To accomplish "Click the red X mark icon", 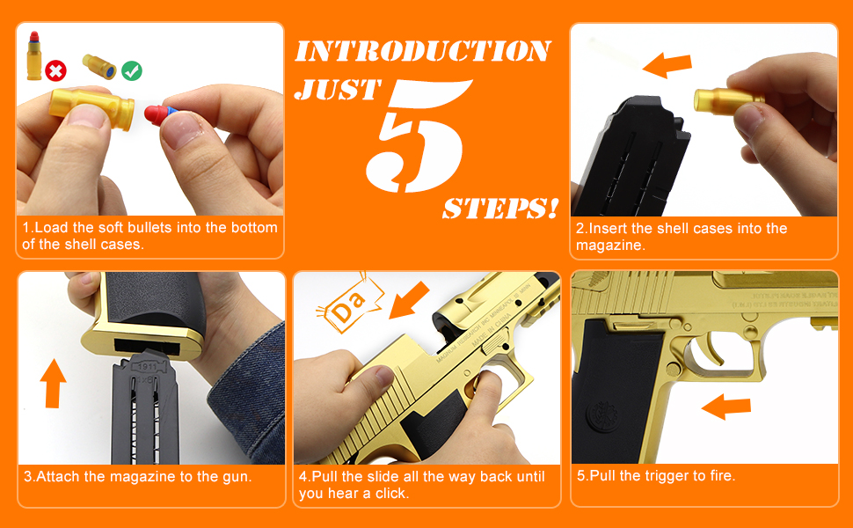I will [x=55, y=70].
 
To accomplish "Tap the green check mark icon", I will [x=132, y=70].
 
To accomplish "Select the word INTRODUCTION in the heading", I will [x=422, y=51].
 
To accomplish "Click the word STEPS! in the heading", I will [x=499, y=209].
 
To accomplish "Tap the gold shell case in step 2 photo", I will [x=722, y=104].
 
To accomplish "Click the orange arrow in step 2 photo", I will [x=667, y=65].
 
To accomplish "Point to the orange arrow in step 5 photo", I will [x=725, y=407].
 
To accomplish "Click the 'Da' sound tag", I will [x=351, y=305].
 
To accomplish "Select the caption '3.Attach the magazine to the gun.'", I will [x=138, y=476].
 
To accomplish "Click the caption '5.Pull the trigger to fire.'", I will [x=656, y=475].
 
